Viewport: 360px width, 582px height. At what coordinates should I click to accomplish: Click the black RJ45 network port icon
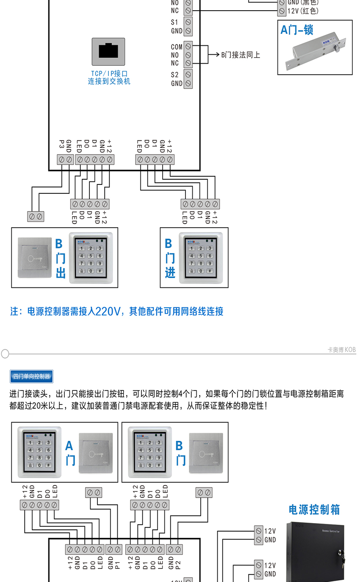pyautogui.click(x=108, y=51)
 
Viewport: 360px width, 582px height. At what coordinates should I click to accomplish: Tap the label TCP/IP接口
pyautogui.click(x=109, y=73)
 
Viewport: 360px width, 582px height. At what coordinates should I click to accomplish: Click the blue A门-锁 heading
pyautogui.click(x=297, y=30)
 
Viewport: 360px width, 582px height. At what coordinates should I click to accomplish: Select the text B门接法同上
pyautogui.click(x=241, y=55)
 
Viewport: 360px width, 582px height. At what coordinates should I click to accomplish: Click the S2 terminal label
pyautogui.click(x=175, y=75)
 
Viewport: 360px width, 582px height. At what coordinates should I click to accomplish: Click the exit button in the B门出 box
pyautogui.click(x=34, y=258)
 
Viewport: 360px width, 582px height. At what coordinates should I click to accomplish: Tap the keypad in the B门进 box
pyautogui.click(x=200, y=258)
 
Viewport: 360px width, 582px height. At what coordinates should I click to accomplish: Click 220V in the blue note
pyautogui.click(x=108, y=312)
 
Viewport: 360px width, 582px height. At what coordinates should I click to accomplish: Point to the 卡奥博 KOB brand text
pyautogui.click(x=341, y=350)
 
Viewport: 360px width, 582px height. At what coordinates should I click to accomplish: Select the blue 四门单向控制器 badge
pyautogui.click(x=31, y=376)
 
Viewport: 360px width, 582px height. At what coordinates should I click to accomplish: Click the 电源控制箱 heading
pyautogui.click(x=314, y=510)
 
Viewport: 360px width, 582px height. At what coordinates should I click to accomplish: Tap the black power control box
pyautogui.click(x=315, y=551)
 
